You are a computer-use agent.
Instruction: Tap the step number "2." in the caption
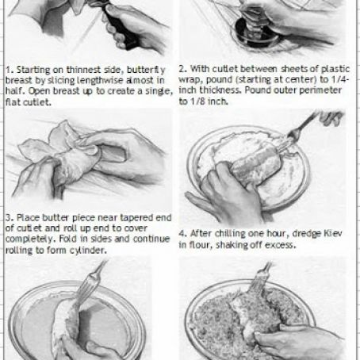(182, 69)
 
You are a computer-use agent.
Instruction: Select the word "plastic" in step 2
(335, 70)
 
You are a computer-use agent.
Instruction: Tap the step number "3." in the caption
(10, 218)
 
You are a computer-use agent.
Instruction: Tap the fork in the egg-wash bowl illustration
(89, 284)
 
